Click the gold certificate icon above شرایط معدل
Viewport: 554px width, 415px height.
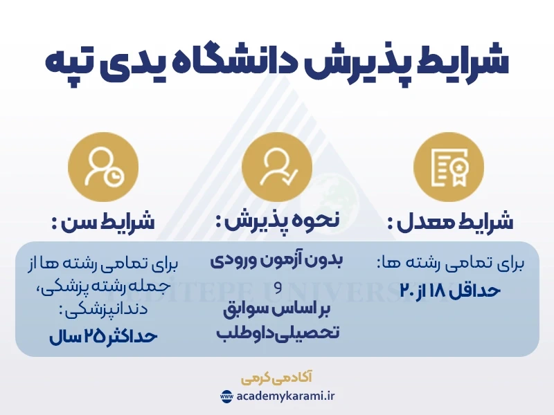click(448, 167)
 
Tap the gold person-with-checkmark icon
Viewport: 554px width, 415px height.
click(277, 167)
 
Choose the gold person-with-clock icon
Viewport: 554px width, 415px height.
click(103, 167)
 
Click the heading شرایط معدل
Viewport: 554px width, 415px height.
click(450, 222)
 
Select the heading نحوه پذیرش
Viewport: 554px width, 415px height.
click(277, 222)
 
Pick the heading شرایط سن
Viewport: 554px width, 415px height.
click(103, 222)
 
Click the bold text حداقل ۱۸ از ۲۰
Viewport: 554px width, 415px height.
click(450, 290)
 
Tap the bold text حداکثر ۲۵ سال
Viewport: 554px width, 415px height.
click(104, 337)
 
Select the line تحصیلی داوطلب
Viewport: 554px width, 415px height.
click(277, 333)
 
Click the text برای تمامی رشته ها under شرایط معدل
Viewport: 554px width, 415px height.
click(451, 264)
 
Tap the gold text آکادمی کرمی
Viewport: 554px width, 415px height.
click(277, 378)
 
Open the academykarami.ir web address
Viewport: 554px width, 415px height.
click(285, 397)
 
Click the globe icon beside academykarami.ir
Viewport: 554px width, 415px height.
click(226, 397)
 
